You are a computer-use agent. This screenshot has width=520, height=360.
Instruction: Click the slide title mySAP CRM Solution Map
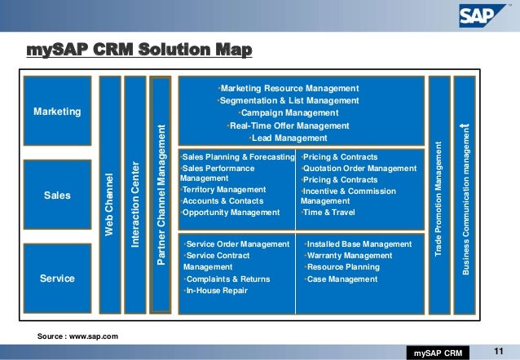coord(139,52)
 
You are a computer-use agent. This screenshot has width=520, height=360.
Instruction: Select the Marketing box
coord(57,111)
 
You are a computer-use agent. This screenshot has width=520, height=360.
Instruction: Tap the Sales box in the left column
coord(57,195)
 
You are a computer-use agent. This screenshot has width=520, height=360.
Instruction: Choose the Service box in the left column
coord(57,279)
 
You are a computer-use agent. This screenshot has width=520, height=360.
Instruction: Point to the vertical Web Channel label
coord(108,204)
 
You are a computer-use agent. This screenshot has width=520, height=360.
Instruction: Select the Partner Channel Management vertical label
coord(161,194)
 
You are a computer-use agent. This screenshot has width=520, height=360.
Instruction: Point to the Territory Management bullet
coord(223,190)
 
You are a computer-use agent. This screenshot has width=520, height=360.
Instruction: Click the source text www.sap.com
coord(84,336)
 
